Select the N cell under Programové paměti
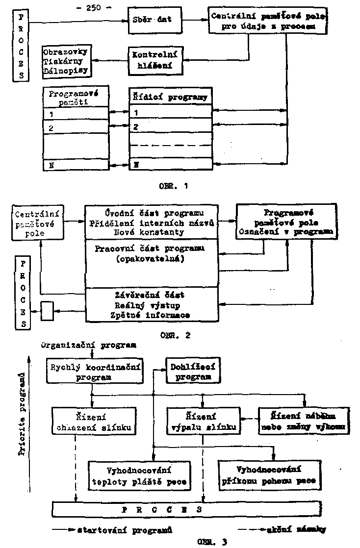[74, 165]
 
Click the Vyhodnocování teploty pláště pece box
[140, 474]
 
